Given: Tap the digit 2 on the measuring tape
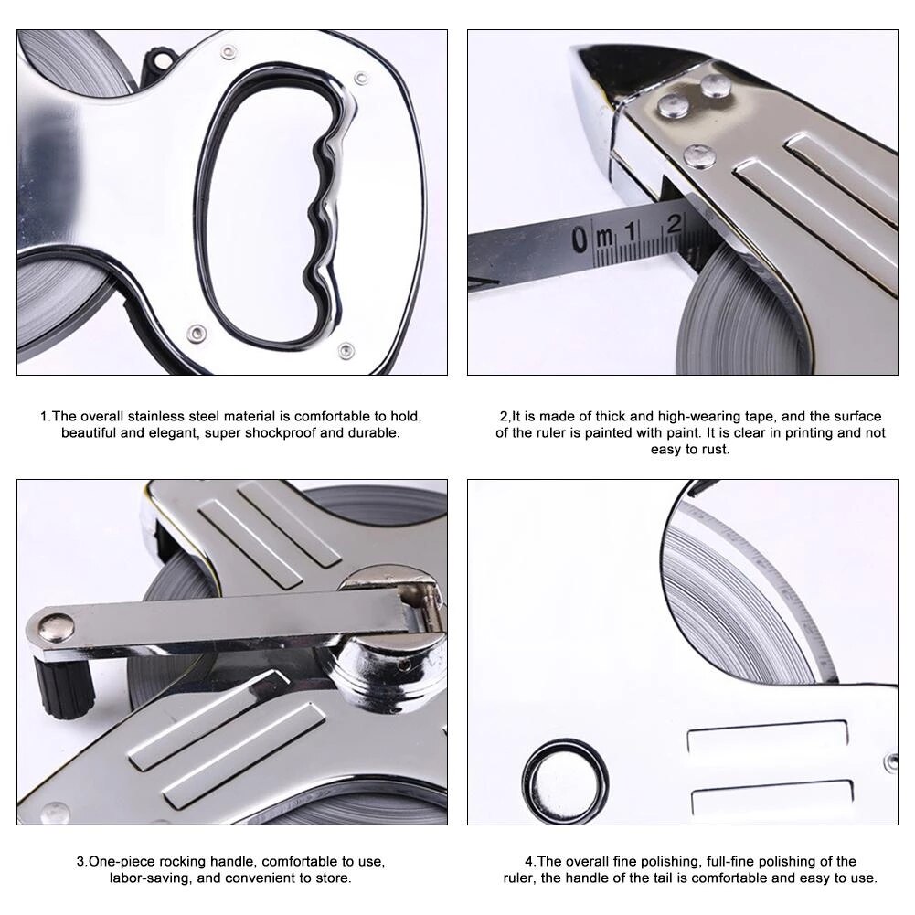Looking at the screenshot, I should (x=675, y=223).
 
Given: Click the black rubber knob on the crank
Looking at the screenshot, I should (x=65, y=687).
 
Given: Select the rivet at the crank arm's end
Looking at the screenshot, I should (x=59, y=626).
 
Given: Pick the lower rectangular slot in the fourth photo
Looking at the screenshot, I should (x=771, y=796).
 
